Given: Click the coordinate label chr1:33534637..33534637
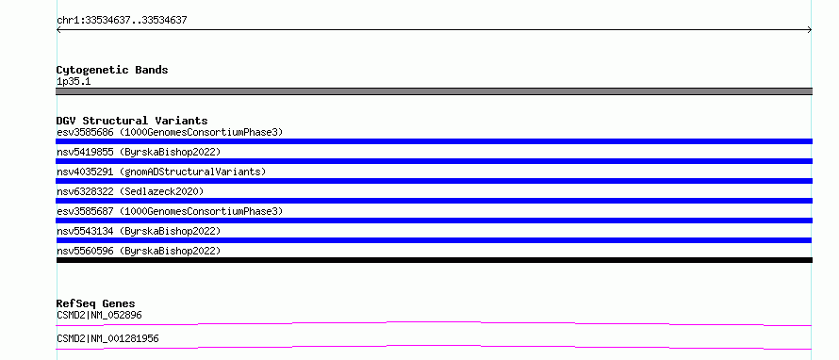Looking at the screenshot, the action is [x=122, y=21].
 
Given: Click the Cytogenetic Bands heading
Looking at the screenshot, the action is [x=112, y=70].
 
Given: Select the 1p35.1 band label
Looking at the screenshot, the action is [x=74, y=81].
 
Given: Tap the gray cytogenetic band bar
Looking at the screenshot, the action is [x=434, y=91].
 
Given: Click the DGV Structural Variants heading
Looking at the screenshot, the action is [x=132, y=121].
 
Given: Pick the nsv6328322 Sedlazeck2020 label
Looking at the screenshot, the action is [x=130, y=191].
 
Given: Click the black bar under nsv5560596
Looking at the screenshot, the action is [x=434, y=260].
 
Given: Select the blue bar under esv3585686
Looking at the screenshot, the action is [x=434, y=141].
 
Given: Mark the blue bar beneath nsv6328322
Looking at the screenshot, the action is [x=434, y=201].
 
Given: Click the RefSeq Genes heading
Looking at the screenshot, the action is [x=96, y=303].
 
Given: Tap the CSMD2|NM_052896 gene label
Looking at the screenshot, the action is [x=99, y=315].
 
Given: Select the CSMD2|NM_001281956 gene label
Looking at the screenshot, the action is [x=107, y=338].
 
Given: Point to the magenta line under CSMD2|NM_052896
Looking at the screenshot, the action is [x=434, y=323].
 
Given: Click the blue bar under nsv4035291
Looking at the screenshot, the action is [x=434, y=181].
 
